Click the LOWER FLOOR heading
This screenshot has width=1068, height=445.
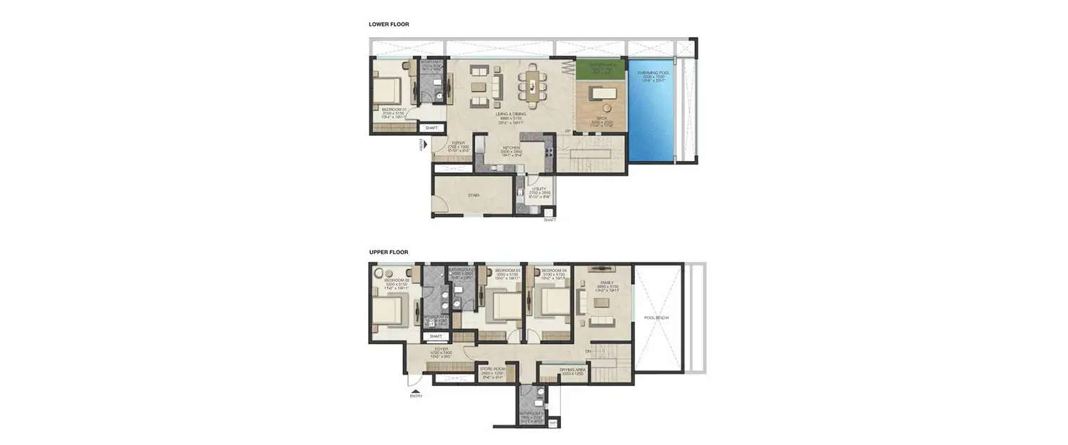click(389, 24)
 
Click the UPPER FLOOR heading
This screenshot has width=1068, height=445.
click(389, 252)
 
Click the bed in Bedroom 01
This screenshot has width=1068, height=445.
click(386, 91)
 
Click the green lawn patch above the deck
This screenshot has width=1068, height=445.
click(600, 69)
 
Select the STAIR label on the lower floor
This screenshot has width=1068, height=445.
click(473, 195)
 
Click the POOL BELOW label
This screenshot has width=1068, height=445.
click(656, 318)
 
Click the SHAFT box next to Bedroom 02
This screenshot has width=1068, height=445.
click(436, 336)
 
